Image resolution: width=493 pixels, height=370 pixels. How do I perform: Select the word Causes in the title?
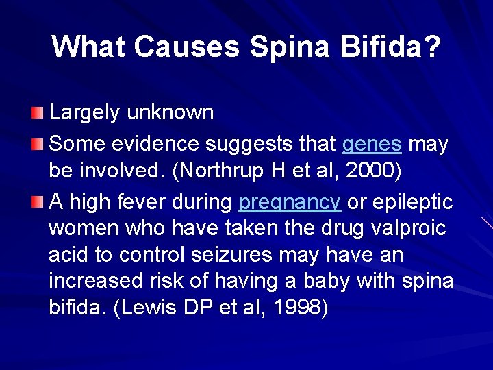(x=187, y=47)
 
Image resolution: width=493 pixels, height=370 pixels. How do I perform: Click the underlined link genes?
(x=371, y=145)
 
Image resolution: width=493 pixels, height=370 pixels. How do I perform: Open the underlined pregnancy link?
(x=290, y=203)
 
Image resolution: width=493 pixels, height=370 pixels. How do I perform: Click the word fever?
(x=153, y=203)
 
